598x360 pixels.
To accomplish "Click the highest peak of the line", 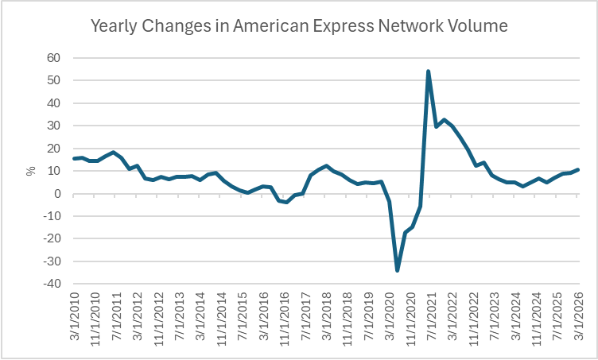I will click(429, 72).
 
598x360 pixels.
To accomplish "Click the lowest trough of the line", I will click(398, 270).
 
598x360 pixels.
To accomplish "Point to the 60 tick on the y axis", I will click(54, 58).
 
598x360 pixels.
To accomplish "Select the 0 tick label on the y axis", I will click(57, 194).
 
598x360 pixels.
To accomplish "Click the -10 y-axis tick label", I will click(52, 216).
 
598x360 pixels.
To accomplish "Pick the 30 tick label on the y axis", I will click(54, 126).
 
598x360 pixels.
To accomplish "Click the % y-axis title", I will click(31, 171).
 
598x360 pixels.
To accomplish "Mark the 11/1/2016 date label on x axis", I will click(284, 319).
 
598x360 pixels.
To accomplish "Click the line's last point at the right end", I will click(577, 169).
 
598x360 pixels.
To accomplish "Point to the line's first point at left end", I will click(74, 158).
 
